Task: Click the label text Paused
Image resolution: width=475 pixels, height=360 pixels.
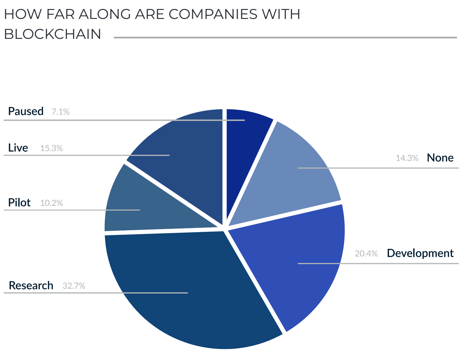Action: click(x=26, y=111)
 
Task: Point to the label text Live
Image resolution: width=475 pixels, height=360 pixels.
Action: click(x=18, y=148)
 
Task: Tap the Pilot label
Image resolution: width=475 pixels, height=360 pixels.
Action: click(x=19, y=203)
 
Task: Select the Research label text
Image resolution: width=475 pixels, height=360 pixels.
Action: click(x=31, y=286)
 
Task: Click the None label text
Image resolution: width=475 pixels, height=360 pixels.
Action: click(x=440, y=158)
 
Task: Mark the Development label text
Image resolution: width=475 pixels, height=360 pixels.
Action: click(x=420, y=253)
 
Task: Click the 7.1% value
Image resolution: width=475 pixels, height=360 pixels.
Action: click(x=60, y=112)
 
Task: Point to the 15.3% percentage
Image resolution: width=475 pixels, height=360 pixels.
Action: click(x=51, y=148)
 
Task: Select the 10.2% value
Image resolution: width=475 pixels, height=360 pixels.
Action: click(x=51, y=203)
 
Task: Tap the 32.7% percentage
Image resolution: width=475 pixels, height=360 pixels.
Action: click(x=74, y=286)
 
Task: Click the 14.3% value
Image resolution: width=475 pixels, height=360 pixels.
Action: click(x=407, y=158)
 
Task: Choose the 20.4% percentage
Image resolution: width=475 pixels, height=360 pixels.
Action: click(x=366, y=254)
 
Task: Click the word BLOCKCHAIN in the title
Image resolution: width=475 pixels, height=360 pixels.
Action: click(x=52, y=34)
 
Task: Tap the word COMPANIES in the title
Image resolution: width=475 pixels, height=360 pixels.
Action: click(x=213, y=14)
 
